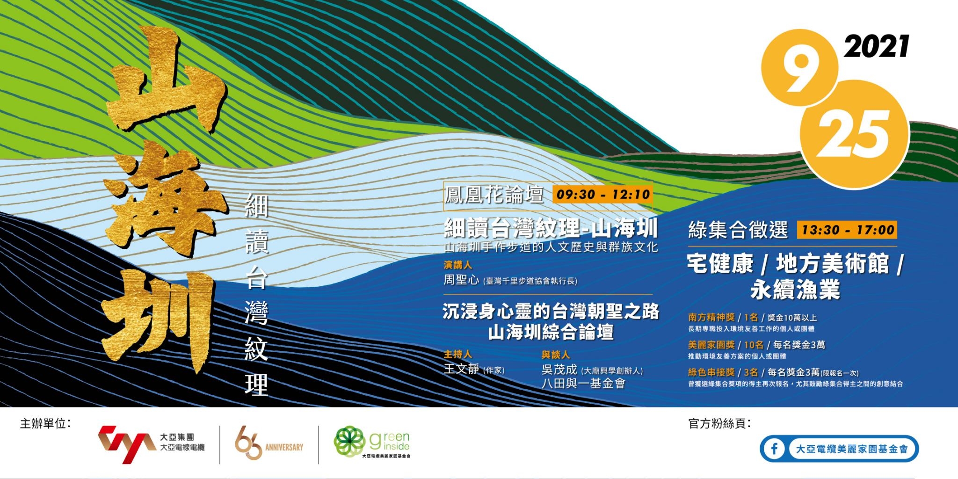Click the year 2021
click(877, 47)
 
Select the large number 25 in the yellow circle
click(854, 136)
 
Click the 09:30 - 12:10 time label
click(603, 194)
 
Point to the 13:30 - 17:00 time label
click(848, 230)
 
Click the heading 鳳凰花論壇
click(494, 195)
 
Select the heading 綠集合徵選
click(738, 230)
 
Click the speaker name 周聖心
click(461, 280)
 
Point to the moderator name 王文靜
click(461, 369)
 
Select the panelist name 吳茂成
click(559, 370)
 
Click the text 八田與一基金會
click(583, 384)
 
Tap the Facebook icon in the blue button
click(775, 449)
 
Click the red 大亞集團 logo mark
click(126, 444)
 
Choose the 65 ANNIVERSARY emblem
click(269, 445)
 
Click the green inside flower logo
click(349, 442)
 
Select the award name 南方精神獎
click(711, 318)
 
